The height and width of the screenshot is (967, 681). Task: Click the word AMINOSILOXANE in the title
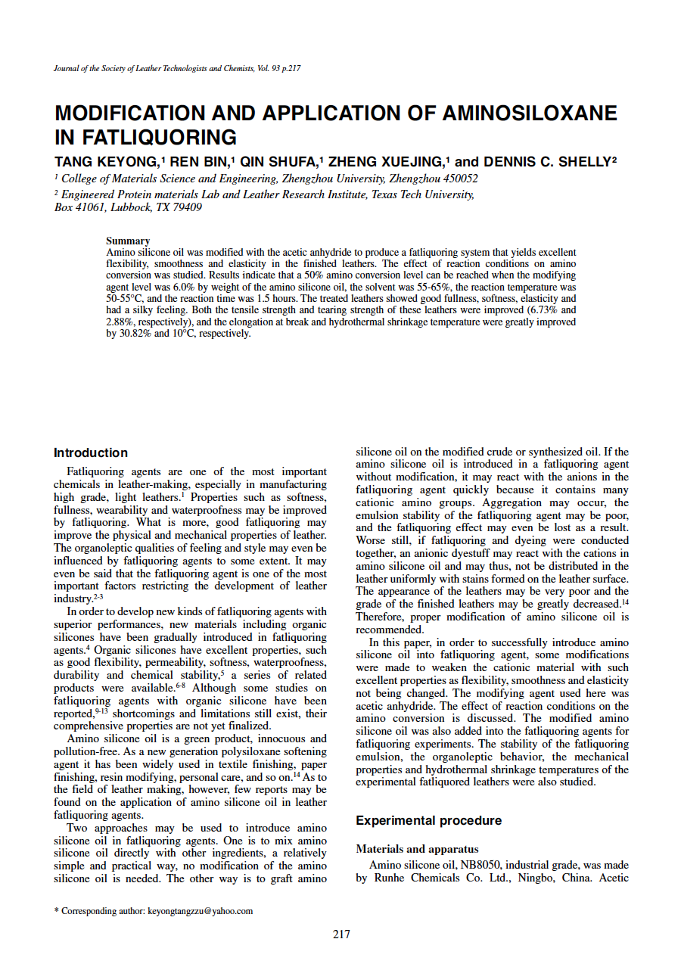530,113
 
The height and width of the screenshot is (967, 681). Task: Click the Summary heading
128,241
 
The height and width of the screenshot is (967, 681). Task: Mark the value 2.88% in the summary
121,322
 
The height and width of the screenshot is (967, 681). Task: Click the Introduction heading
91,452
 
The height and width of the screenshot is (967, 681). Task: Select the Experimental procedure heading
428,820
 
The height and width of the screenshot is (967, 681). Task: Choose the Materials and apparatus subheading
417,849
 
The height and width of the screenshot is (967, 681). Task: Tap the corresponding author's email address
200,911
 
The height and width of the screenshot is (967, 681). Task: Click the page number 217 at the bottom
341,934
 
